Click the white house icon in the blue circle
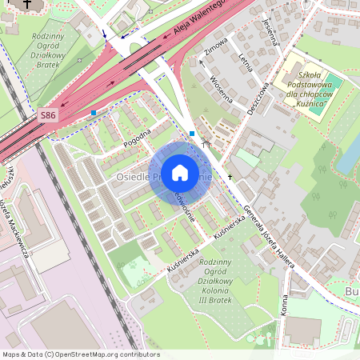180,173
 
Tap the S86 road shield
48,116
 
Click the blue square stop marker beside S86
94,113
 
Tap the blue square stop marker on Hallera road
192,133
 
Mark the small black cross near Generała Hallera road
230,175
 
